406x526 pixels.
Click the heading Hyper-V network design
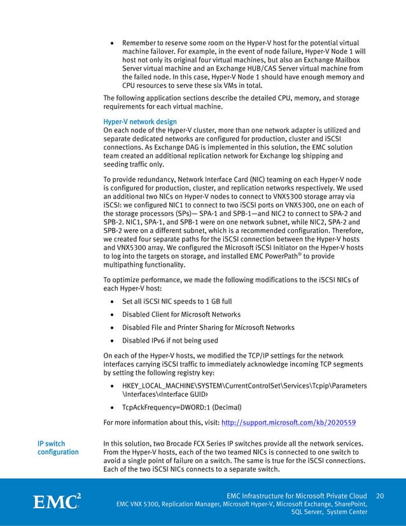point(139,122)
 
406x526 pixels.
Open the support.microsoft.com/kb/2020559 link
point(288,422)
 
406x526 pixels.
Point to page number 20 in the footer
point(380,495)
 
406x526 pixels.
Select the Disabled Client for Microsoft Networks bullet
point(181,314)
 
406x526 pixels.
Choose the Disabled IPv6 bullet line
point(170,341)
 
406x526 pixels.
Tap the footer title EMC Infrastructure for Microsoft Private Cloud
point(297,495)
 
